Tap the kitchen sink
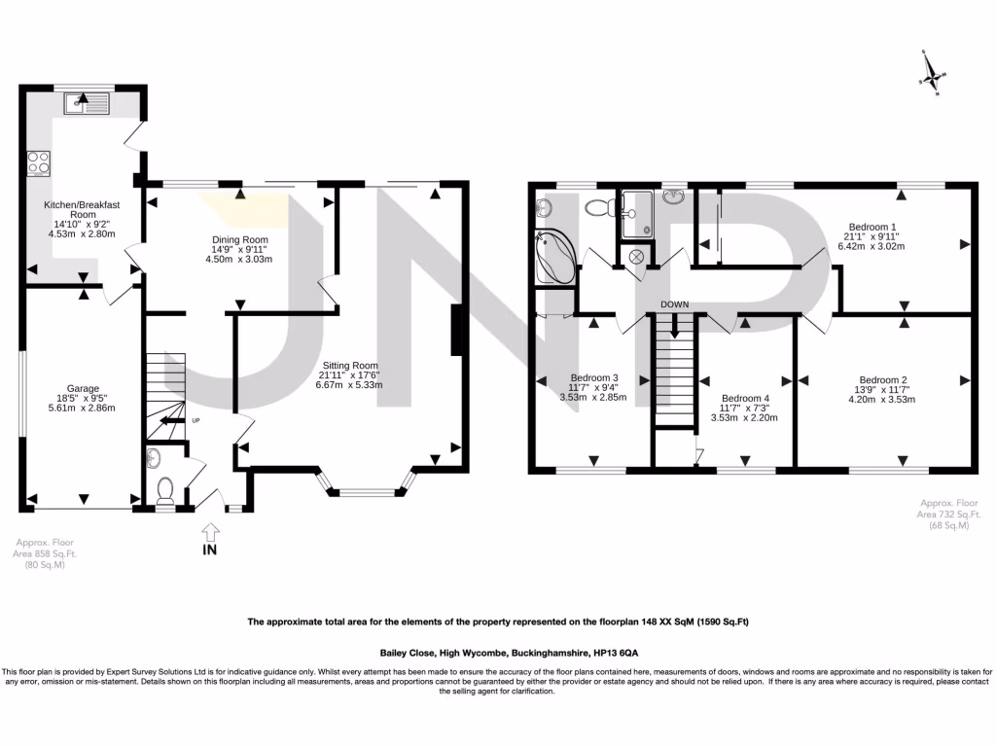point(92,100)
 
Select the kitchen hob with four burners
point(40,162)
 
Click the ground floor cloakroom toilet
point(164,485)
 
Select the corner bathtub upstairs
point(555,256)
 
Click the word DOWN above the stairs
point(675,304)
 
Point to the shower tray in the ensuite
point(638,214)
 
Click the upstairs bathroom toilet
point(600,206)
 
